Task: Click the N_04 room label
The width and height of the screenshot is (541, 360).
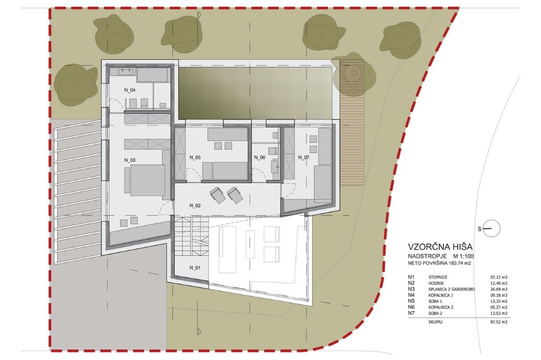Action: tap(130, 90)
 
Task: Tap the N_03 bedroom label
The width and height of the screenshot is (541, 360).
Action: tap(130, 160)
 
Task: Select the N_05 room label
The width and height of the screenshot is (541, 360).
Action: tap(195, 157)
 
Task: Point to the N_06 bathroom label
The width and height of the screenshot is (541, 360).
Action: tap(260, 157)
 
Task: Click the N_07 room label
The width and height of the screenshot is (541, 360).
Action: tap(304, 157)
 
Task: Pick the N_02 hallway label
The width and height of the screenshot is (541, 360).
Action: tap(195, 206)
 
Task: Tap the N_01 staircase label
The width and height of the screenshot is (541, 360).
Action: tap(195, 268)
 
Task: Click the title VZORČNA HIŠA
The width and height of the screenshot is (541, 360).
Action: tap(440, 247)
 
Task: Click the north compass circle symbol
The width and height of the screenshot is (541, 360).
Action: tap(491, 228)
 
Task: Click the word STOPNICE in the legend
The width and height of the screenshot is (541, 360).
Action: tap(438, 277)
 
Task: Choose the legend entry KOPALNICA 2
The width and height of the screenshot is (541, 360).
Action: tap(441, 307)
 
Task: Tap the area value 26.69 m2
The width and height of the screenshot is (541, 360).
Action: tap(499, 290)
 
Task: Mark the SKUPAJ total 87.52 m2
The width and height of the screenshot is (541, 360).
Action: tap(499, 322)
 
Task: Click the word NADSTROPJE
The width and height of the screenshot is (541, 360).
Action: tap(428, 256)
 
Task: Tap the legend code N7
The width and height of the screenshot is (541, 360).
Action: tap(411, 313)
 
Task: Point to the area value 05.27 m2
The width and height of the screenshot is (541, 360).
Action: tap(499, 307)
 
